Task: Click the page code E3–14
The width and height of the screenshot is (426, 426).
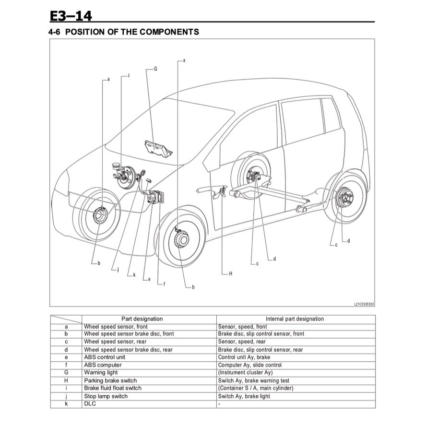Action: coord(71,16)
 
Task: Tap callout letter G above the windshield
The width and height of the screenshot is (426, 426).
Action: coord(155,69)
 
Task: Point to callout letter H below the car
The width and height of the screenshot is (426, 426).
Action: coord(230,273)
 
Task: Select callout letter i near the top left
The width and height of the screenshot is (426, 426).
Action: coord(129,76)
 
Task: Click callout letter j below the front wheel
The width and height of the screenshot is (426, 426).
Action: coord(118,270)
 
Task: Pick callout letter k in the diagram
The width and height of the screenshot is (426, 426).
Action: coord(134,275)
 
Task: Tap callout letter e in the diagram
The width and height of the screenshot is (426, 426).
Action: coord(149,279)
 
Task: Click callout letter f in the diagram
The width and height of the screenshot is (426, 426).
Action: coord(164,284)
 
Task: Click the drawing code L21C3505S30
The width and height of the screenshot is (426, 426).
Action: coord(364,304)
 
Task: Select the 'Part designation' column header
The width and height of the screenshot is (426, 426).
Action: coord(142,319)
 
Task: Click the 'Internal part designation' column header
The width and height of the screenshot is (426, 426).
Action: coord(295,319)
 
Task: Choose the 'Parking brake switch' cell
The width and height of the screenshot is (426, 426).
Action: coord(110,380)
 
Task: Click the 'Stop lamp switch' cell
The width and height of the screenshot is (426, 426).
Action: coord(106,396)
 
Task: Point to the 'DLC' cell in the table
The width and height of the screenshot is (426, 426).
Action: coord(90,404)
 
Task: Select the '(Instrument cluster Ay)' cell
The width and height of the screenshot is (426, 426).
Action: coord(245,373)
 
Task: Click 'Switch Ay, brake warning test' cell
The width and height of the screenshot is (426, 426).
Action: coord(254,380)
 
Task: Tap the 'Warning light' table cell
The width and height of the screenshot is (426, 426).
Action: coord(101,373)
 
